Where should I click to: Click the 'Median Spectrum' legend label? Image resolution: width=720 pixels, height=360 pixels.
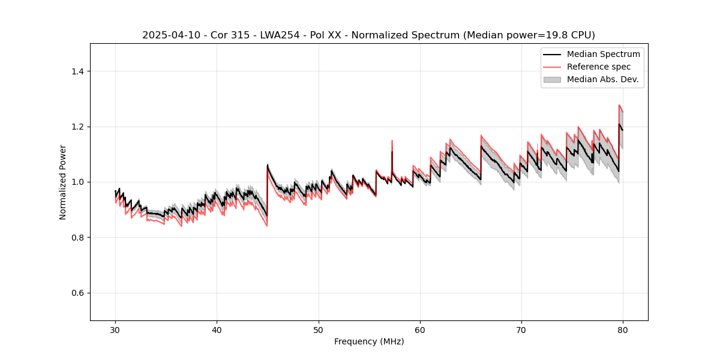603,54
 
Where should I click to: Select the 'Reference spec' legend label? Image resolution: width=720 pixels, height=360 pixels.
599,67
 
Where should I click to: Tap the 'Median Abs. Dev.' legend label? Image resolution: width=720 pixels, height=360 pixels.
602,79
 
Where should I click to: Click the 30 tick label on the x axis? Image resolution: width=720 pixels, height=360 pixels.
116,330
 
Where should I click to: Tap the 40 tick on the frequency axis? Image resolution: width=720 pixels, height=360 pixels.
217,330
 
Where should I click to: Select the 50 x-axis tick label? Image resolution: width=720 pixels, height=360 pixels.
319,330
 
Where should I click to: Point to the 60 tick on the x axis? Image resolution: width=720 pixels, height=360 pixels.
420,330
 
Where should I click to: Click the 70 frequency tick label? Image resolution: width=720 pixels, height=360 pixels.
521,330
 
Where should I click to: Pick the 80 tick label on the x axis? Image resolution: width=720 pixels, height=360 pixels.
623,330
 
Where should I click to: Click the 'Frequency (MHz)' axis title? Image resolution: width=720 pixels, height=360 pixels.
369,341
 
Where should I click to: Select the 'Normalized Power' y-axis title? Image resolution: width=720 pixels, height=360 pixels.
63,182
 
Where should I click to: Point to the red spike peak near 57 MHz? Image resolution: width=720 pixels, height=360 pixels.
392,141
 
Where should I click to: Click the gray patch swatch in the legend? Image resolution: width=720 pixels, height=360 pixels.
552,79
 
